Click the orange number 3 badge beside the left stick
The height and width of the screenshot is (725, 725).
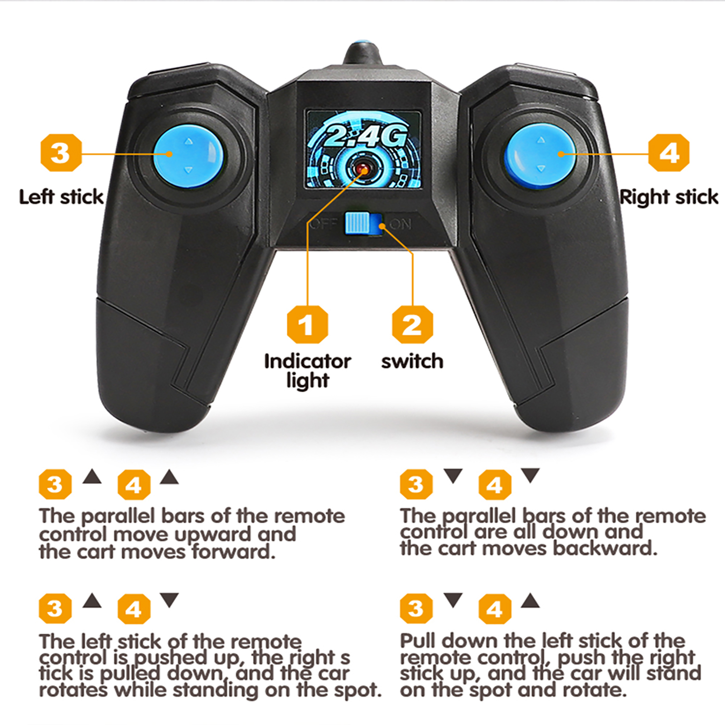(x=61, y=153)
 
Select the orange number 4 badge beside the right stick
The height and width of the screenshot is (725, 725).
(x=669, y=153)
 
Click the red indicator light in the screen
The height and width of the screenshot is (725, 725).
(x=362, y=169)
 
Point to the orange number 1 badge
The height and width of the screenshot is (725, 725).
(x=307, y=324)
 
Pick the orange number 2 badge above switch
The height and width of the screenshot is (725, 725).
(x=412, y=324)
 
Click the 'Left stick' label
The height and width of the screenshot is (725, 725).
(x=61, y=197)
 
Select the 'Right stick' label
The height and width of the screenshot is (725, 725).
(x=669, y=197)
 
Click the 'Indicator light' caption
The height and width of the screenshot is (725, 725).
(x=308, y=371)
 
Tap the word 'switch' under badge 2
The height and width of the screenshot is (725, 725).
(x=412, y=361)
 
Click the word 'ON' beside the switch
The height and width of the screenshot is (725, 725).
(x=401, y=224)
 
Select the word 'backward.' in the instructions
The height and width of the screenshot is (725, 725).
(x=605, y=548)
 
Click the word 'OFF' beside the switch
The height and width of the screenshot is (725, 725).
(x=324, y=224)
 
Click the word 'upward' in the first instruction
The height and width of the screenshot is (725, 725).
(x=213, y=535)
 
